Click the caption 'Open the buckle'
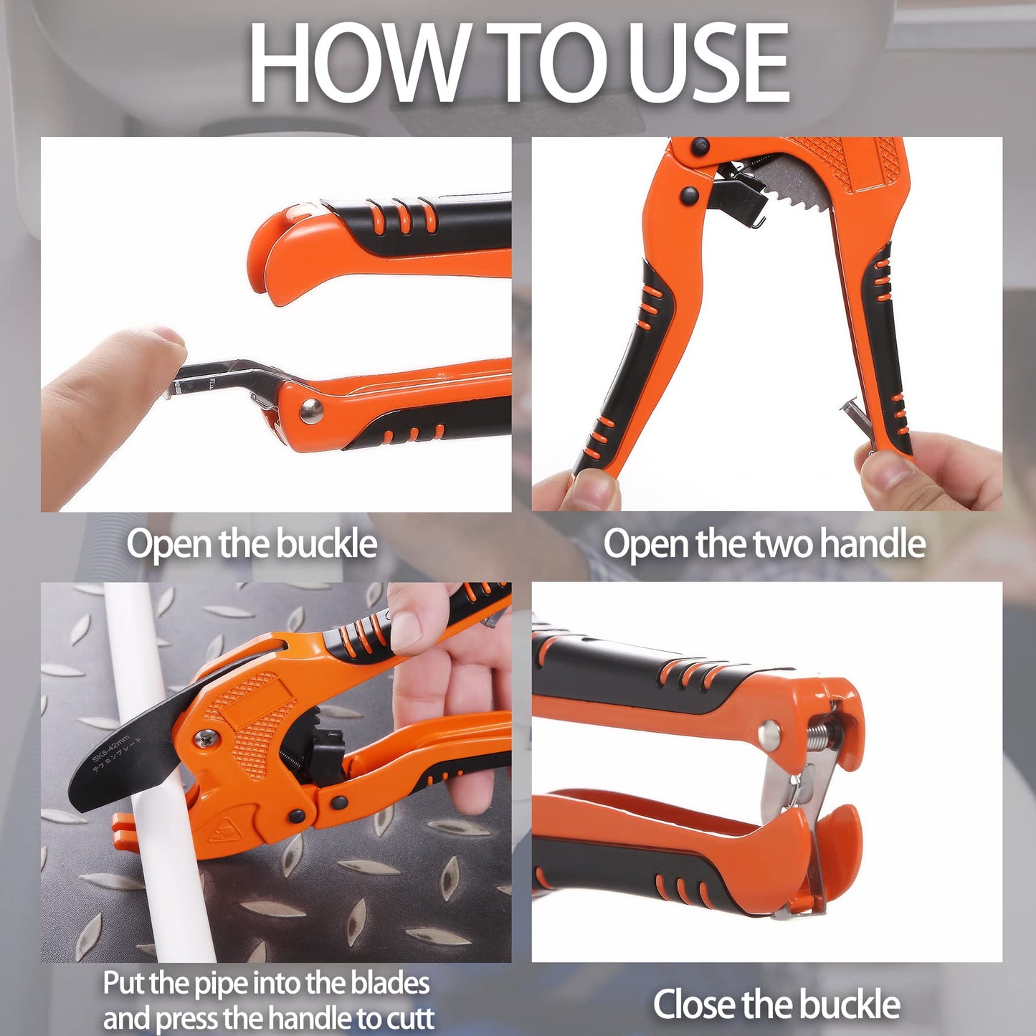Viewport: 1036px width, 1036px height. tap(252, 544)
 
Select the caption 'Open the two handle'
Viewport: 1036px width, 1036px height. tap(764, 544)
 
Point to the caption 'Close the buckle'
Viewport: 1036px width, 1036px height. tap(776, 1004)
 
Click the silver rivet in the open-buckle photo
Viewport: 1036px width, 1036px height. tap(310, 411)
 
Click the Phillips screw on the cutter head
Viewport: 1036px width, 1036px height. tap(206, 736)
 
